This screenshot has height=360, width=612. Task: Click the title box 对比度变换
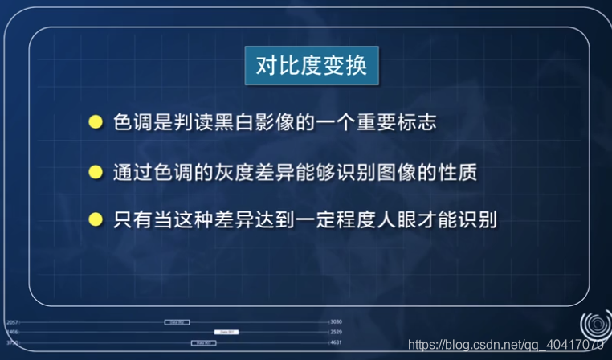pyautogui.click(x=312, y=65)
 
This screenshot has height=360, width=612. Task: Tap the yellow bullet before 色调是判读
pyautogui.click(x=96, y=122)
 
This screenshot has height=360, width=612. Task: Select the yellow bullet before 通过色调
pyautogui.click(x=96, y=172)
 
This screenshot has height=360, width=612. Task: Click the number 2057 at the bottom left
pyautogui.click(x=12, y=321)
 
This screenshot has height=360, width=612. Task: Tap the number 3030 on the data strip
pyautogui.click(x=336, y=321)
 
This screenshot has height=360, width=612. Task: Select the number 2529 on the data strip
pyautogui.click(x=336, y=332)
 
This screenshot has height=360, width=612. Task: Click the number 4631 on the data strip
pyautogui.click(x=336, y=342)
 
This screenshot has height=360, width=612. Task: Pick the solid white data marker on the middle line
pyautogui.click(x=226, y=332)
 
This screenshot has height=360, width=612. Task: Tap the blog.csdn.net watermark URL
pyautogui.click(x=505, y=346)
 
